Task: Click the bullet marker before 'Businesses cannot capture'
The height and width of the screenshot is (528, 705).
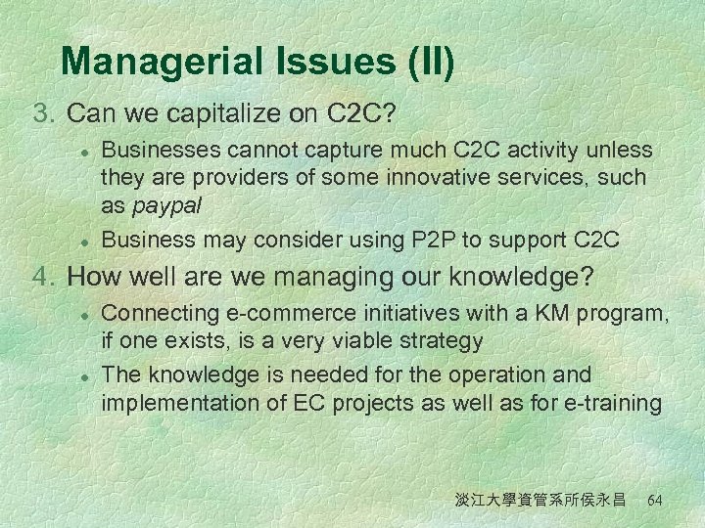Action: (x=85, y=152)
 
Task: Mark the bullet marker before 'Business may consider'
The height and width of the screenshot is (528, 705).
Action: (x=85, y=240)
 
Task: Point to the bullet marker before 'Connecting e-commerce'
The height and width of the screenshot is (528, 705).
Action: (x=85, y=315)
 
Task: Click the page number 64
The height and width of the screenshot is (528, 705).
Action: (x=655, y=500)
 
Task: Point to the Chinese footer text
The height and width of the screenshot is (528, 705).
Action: (x=540, y=500)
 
